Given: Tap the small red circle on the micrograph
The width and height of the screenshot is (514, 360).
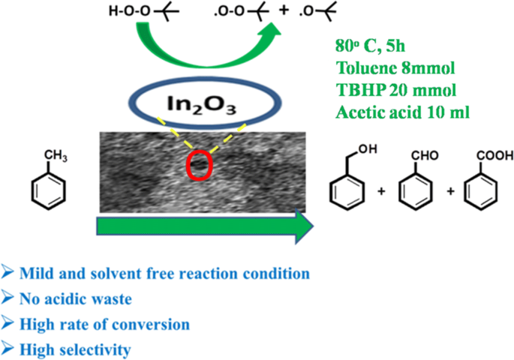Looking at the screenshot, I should pos(196,166).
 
